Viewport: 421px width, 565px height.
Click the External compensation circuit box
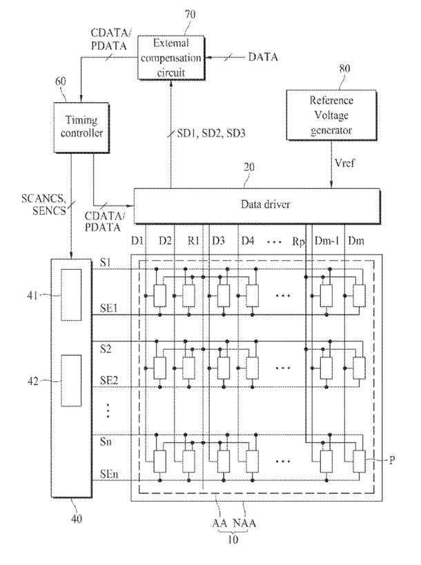tap(171, 58)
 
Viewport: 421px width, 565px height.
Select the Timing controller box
tap(81, 128)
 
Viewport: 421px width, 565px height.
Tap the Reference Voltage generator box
tap(331, 115)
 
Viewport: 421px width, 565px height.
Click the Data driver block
tap(257, 206)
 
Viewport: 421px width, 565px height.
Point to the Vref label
tap(344, 163)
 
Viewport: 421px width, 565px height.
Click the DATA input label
tap(263, 57)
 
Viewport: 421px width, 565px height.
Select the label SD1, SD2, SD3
tap(211, 133)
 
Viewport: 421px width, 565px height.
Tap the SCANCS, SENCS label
tap(43, 204)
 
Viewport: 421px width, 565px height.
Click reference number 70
tap(190, 14)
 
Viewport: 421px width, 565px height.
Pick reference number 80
tap(344, 68)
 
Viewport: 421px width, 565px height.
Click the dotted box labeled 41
tap(71, 295)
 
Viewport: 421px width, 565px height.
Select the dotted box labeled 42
tap(71, 381)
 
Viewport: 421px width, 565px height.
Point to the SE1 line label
tap(109, 308)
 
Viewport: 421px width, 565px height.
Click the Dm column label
tap(356, 241)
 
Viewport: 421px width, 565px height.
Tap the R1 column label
tap(193, 241)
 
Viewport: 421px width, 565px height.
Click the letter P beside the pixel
tap(392, 460)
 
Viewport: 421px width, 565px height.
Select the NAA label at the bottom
tap(244, 523)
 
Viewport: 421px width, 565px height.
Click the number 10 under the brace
tap(233, 539)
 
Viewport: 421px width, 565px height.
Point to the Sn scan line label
tap(106, 442)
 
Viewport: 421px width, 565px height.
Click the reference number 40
tap(77, 519)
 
